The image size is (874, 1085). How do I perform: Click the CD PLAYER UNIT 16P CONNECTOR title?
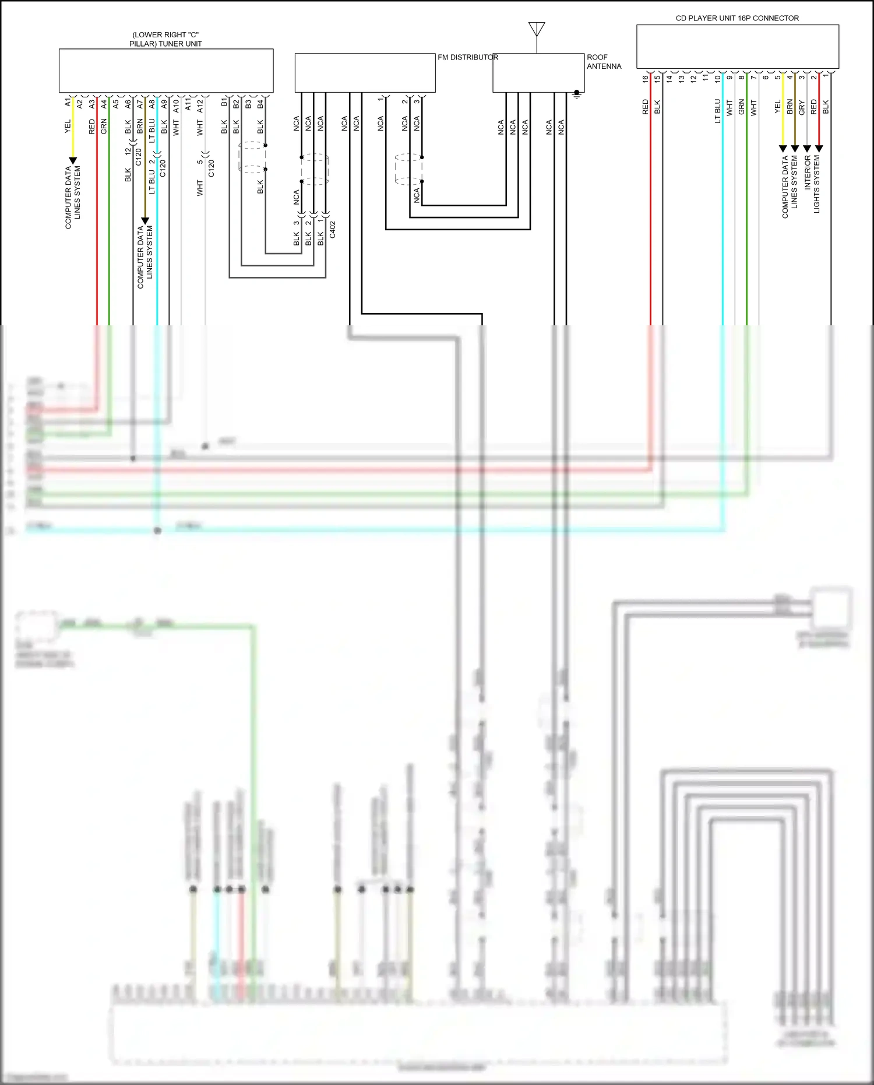[737, 18]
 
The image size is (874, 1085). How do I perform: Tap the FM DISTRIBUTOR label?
[468, 57]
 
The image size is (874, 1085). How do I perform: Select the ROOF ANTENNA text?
[604, 62]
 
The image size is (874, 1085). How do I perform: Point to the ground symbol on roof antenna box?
[577, 94]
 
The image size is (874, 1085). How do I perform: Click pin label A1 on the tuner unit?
[68, 103]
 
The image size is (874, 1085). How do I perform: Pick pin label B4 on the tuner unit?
[260, 104]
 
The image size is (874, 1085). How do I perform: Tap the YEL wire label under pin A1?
[68, 126]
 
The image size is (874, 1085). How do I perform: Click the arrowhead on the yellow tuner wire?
[73, 160]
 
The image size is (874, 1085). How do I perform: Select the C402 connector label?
[332, 229]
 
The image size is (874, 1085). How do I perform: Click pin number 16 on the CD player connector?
[645, 79]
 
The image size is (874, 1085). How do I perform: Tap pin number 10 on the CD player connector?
[717, 79]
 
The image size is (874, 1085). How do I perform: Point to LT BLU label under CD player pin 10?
[717, 111]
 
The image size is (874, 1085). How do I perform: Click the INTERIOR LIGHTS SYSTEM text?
[812, 183]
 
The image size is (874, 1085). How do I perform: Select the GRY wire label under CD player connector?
[802, 107]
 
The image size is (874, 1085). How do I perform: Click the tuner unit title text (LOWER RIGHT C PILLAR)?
[165, 39]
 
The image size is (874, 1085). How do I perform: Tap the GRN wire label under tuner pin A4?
[104, 126]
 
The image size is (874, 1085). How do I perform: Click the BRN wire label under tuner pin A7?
[140, 126]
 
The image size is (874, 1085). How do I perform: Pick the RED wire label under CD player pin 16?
[645, 107]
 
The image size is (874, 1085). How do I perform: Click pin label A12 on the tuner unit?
[200, 106]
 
